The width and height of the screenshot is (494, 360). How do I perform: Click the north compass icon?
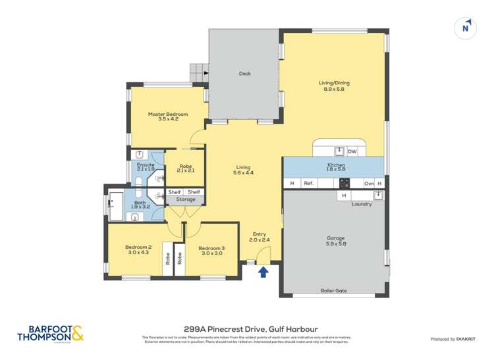[x=466, y=28]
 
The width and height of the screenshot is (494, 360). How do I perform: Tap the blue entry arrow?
[x=263, y=271]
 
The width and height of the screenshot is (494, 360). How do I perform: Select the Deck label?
[x=244, y=74]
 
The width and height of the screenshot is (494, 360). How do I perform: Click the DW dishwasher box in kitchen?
[x=352, y=151]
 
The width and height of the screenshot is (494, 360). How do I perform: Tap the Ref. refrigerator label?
[x=308, y=184]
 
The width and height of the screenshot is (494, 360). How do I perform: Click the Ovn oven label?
[x=369, y=184]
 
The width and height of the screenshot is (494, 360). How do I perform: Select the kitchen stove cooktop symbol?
[x=343, y=184]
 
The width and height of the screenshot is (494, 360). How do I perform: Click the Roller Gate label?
[x=334, y=290]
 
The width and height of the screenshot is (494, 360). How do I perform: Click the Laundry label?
[x=362, y=204]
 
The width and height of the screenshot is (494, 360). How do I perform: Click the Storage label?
[x=185, y=199]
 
